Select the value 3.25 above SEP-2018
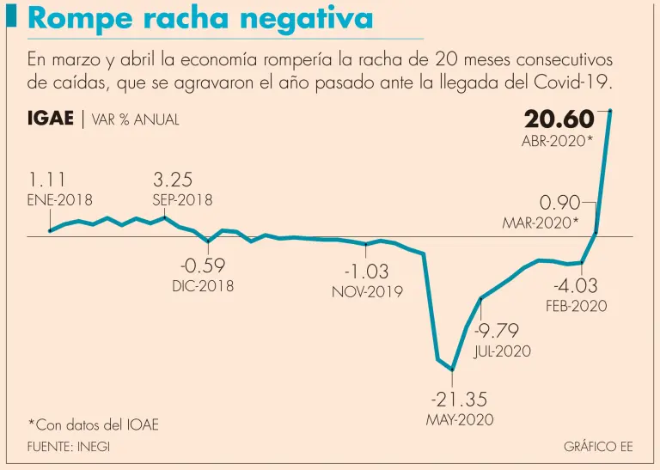tap(172, 180)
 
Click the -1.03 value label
tap(366, 271)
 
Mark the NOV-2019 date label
tap(367, 292)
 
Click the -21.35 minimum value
tap(460, 400)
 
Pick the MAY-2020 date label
tap(460, 421)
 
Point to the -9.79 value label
tap(498, 331)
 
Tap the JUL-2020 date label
tap(503, 351)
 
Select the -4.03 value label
tap(576, 286)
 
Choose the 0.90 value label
tap(559, 203)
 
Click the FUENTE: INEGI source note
tap(69, 447)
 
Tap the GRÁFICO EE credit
tap(598, 447)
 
